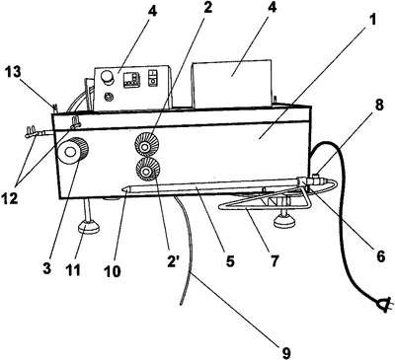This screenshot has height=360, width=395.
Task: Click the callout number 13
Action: (x=13, y=73)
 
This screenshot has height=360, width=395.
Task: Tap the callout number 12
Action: (x=10, y=198)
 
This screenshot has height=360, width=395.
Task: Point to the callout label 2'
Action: (x=174, y=262)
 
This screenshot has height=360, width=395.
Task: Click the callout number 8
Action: (x=379, y=106)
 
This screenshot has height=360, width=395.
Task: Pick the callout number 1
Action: (x=371, y=21)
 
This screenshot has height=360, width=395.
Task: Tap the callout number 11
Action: (x=73, y=270)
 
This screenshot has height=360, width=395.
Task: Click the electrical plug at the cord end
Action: (x=384, y=304)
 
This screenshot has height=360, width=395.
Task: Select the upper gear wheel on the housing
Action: (x=147, y=144)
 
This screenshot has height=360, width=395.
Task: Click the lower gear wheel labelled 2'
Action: (x=148, y=169)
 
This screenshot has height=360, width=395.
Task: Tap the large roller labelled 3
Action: (x=73, y=151)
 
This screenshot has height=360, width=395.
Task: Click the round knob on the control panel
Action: (x=108, y=78)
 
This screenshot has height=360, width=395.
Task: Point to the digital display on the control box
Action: (x=131, y=80)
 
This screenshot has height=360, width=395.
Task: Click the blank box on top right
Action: (x=232, y=84)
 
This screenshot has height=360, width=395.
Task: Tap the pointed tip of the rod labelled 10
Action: (x=122, y=189)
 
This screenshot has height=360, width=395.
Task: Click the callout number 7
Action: (x=274, y=260)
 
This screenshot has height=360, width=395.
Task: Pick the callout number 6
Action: (x=380, y=255)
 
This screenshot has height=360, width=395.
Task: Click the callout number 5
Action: (x=230, y=261)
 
